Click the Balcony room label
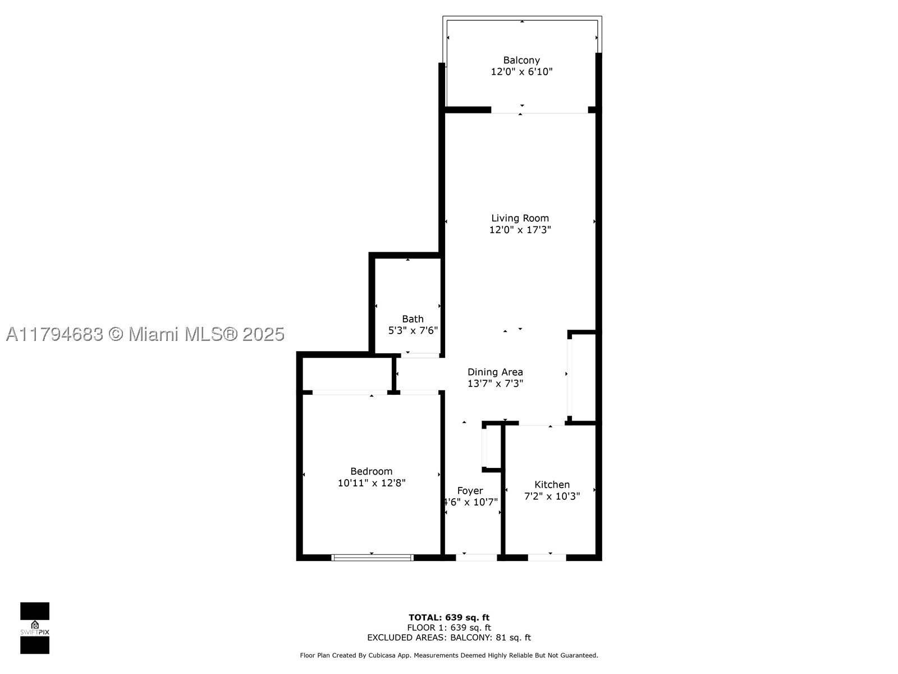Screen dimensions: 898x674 click(521, 60)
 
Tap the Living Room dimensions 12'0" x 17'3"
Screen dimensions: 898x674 click(520, 230)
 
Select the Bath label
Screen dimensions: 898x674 click(413, 319)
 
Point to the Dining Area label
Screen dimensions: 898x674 click(495, 372)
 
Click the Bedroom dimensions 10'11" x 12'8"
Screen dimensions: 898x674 click(372, 483)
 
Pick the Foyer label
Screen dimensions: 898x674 click(470, 491)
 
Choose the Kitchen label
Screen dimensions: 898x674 click(552, 485)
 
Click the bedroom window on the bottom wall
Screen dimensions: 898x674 click(372, 557)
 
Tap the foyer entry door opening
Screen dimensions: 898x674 click(476, 557)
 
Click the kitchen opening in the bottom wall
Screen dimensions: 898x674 click(547, 557)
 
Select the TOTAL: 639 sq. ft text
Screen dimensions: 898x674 click(449, 617)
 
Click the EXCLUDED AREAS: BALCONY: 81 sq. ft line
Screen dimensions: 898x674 click(449, 637)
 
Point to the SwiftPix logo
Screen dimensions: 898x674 click(35, 628)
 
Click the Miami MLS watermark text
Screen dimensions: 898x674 click(145, 334)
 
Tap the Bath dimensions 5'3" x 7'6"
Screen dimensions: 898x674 click(413, 330)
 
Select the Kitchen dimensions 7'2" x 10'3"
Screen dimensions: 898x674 click(552, 496)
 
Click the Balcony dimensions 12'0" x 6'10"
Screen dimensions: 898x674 click(521, 72)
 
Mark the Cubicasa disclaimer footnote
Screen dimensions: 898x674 click(449, 655)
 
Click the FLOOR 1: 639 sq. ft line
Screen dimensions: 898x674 click(449, 627)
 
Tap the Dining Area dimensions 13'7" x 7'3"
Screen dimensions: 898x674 click(495, 384)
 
